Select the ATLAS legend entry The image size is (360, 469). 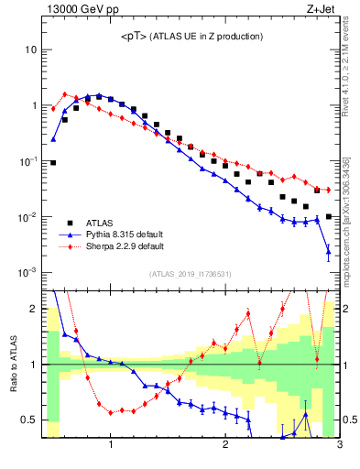(100, 223)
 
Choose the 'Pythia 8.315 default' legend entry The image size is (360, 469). (125, 234)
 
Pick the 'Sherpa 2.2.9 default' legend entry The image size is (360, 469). (125, 245)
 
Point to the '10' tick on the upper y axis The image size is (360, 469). (31, 49)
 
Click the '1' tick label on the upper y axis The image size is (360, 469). (34, 105)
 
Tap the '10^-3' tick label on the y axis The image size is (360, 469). (27, 273)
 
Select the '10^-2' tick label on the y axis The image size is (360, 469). (27, 217)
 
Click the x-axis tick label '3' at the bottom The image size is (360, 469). (339, 446)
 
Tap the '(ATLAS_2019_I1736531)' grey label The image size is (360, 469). (190, 274)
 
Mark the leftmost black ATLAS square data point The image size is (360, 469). (53, 163)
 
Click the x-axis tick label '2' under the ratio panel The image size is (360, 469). (225, 446)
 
